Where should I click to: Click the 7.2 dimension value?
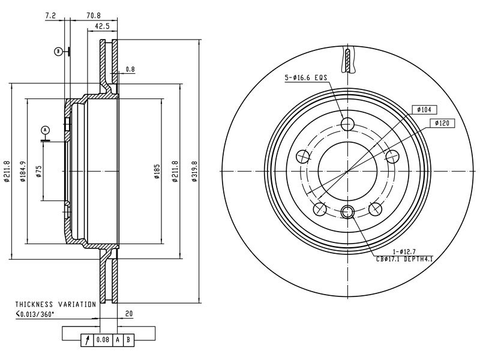point(50,16)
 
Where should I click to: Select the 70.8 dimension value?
point(92,16)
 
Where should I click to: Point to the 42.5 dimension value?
point(102,26)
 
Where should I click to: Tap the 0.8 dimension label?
point(130,70)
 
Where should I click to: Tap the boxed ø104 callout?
point(425,110)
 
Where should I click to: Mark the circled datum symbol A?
point(44,129)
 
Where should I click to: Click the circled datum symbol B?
point(58,52)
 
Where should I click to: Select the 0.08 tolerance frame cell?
point(103,341)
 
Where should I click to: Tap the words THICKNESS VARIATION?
point(55,305)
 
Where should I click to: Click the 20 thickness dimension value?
point(128,313)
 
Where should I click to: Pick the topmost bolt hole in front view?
point(347,124)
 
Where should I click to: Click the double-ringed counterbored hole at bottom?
point(347,211)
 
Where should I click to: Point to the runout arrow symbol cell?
point(88,341)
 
